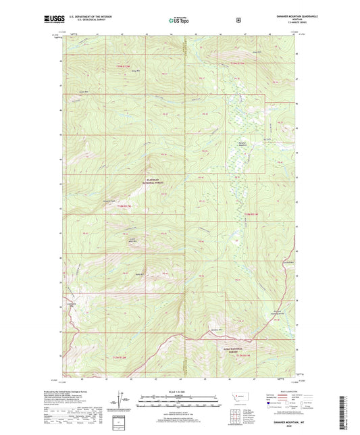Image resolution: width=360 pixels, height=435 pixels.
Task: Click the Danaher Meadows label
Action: pyautogui.click(x=242, y=143)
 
